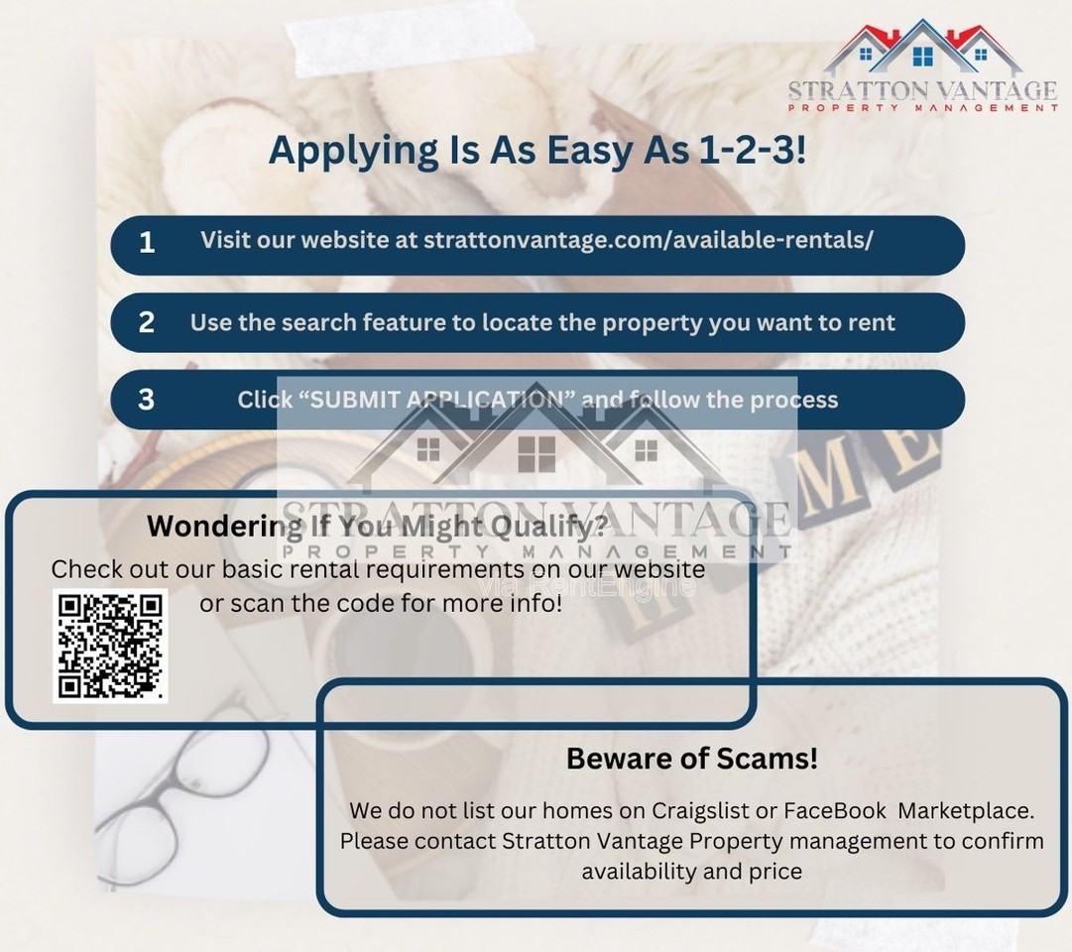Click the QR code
click(x=110, y=647)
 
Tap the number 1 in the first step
click(x=147, y=243)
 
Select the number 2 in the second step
click(x=147, y=323)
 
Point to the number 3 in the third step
click(x=147, y=400)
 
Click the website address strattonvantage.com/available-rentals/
click(x=649, y=240)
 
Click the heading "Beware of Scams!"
click(x=692, y=759)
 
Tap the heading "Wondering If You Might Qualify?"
click(x=378, y=527)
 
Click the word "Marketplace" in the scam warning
click(x=965, y=810)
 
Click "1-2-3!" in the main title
click(x=752, y=150)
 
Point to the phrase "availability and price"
click(x=692, y=872)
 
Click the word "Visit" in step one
click(x=225, y=240)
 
